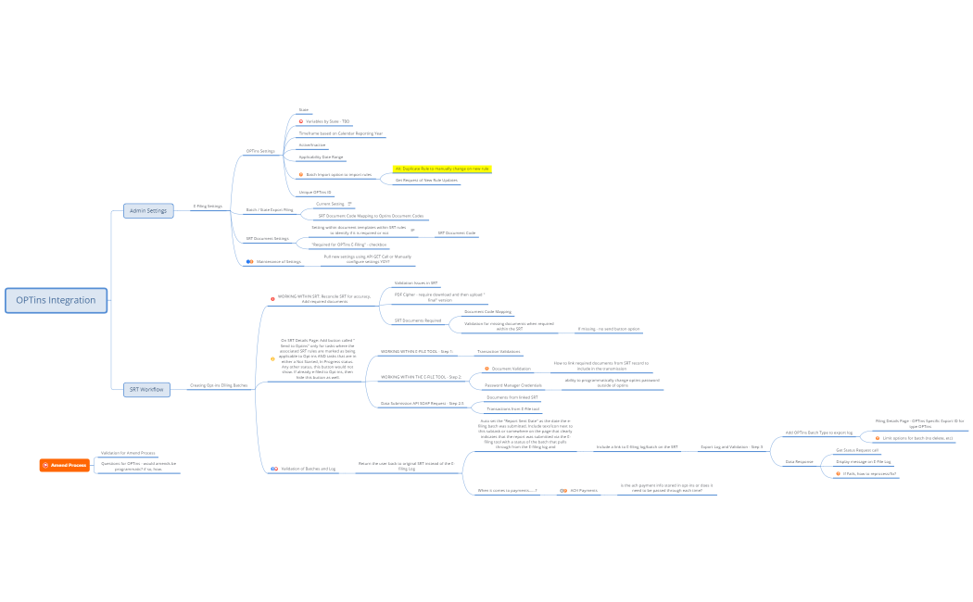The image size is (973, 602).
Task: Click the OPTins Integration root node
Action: click(56, 300)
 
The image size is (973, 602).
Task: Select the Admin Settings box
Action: click(148, 211)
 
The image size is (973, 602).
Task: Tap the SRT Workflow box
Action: click(148, 390)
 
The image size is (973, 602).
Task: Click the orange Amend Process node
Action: click(65, 464)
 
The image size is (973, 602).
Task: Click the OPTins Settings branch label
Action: click(259, 151)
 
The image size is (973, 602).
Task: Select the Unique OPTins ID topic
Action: click(314, 192)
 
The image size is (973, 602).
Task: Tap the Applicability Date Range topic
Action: click(321, 157)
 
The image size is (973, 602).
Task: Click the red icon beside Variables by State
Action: click(300, 121)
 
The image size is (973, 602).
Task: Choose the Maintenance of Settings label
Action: click(278, 261)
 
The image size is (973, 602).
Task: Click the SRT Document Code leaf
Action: click(456, 233)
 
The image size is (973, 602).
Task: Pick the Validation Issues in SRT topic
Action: click(415, 283)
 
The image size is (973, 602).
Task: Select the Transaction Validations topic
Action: click(498, 352)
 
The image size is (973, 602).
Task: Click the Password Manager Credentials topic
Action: click(512, 385)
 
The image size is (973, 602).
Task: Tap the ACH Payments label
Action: click(583, 490)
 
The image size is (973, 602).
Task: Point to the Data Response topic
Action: click(799, 461)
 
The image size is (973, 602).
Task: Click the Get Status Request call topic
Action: click(856, 450)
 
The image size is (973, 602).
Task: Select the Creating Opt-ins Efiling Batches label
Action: click(219, 385)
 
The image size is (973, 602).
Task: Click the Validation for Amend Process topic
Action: click(128, 453)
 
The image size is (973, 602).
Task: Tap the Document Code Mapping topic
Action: click(486, 312)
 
